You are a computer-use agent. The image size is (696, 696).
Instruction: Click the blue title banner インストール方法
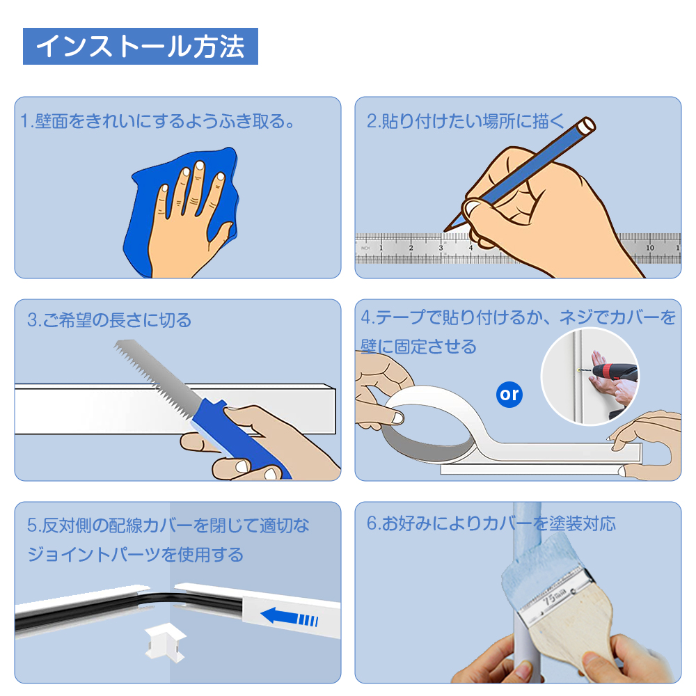point(141,46)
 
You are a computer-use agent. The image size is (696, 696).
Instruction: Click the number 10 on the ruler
point(650,248)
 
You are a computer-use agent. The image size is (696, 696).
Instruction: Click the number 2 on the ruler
point(411,248)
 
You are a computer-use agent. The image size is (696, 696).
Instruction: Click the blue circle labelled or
point(509,394)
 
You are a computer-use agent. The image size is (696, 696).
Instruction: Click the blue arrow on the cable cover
point(289,617)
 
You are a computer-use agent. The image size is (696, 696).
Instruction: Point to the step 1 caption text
point(158,120)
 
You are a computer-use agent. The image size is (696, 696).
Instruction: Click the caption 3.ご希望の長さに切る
point(109,319)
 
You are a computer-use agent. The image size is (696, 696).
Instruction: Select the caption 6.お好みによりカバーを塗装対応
point(491,523)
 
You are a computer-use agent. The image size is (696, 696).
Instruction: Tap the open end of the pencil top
point(586,125)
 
